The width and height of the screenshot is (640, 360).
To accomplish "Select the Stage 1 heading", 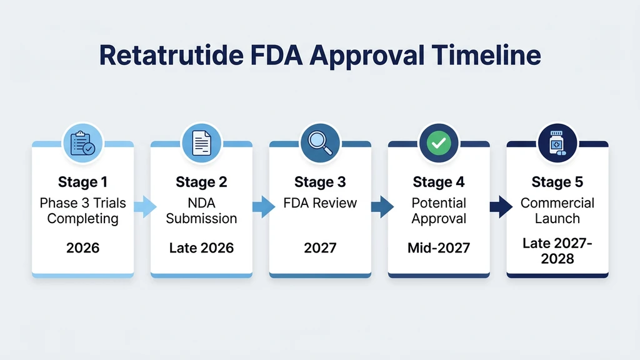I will (x=82, y=182).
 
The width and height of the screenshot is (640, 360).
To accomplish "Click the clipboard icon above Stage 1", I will (x=82, y=142).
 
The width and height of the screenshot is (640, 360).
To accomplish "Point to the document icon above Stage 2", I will (x=201, y=142).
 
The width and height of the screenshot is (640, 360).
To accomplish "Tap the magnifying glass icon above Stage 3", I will (x=320, y=142).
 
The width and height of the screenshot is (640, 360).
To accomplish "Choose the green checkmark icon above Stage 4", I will (x=439, y=142).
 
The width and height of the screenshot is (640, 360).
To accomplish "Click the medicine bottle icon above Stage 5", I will (x=557, y=142).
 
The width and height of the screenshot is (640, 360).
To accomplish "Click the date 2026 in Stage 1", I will (x=82, y=247).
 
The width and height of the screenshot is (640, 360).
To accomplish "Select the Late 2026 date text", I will (x=201, y=247).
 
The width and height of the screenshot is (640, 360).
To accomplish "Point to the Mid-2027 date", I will (x=439, y=247).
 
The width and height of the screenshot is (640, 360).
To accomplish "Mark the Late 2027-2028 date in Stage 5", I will (x=557, y=250).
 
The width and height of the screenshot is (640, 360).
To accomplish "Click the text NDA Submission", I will (x=201, y=211).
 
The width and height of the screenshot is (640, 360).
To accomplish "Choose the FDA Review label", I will (x=320, y=203).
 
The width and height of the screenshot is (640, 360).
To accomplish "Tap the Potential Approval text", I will (x=439, y=211).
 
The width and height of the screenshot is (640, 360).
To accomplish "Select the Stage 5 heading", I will (x=557, y=182).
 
